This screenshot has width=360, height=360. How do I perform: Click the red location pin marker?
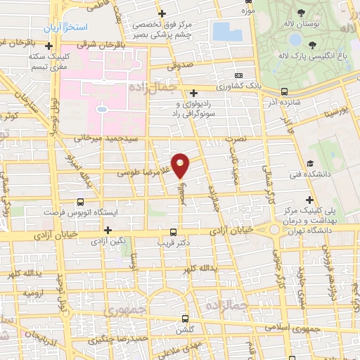pos(181,165)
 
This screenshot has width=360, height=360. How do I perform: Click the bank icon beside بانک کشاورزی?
pos(239,75)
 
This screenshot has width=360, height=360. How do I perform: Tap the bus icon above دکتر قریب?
pos(174,232)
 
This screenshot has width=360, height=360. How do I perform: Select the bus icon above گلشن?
pos(185,318)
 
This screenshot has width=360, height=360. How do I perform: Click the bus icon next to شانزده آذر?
pos(284,91)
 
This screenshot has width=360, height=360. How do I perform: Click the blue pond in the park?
pos(226,32)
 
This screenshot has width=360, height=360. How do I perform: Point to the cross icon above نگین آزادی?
pos(108,230)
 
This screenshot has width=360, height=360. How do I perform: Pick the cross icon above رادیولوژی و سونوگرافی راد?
pos(193,92)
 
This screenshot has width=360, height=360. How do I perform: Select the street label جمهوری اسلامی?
pos(295,328)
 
